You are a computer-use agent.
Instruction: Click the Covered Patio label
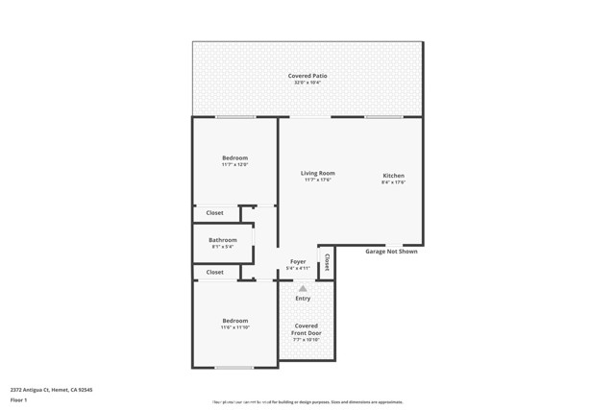(307, 76)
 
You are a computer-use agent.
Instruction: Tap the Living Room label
(318, 173)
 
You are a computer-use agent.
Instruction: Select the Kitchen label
(394, 176)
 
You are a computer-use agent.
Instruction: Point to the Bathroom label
(223, 240)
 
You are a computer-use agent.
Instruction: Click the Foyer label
(298, 261)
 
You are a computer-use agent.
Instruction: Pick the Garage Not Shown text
(391, 252)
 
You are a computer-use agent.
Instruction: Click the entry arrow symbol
(303, 288)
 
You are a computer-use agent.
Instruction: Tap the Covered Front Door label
(306, 329)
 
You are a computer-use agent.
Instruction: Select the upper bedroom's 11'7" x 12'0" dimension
(235, 165)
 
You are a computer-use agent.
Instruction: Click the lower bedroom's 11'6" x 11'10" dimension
(235, 327)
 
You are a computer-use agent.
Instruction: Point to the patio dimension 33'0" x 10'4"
(307, 83)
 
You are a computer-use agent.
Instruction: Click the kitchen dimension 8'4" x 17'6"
(394, 182)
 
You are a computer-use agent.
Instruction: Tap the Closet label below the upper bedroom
(214, 213)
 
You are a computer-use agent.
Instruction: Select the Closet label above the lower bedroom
(214, 272)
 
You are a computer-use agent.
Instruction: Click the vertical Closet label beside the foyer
(327, 261)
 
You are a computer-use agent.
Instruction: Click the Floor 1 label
(19, 399)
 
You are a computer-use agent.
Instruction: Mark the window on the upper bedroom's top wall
(235, 117)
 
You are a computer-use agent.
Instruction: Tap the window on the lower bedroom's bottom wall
(234, 368)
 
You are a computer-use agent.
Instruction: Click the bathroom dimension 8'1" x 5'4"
(223, 247)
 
